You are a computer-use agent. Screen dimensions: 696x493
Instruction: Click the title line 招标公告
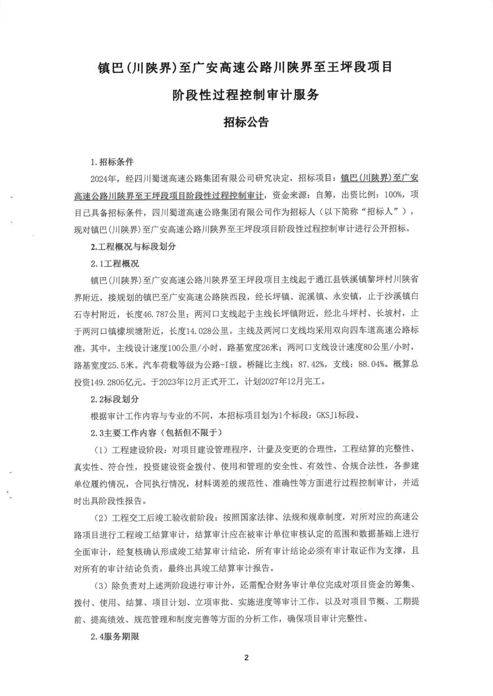pyautogui.click(x=246, y=122)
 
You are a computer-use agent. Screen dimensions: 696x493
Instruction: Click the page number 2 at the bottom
pyautogui.click(x=246, y=657)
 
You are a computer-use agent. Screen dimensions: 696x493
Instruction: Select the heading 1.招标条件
pyautogui.click(x=112, y=162)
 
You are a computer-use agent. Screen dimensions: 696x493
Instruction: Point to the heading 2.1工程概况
pyautogui.click(x=115, y=264)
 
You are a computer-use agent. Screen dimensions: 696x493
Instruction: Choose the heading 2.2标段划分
pyautogui.click(x=115, y=399)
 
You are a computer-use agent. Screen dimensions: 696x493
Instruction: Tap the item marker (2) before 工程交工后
pyautogui.click(x=101, y=518)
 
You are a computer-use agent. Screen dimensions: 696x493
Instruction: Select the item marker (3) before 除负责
pyautogui.click(x=101, y=585)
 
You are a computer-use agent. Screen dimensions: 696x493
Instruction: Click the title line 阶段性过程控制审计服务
pyautogui.click(x=246, y=95)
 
